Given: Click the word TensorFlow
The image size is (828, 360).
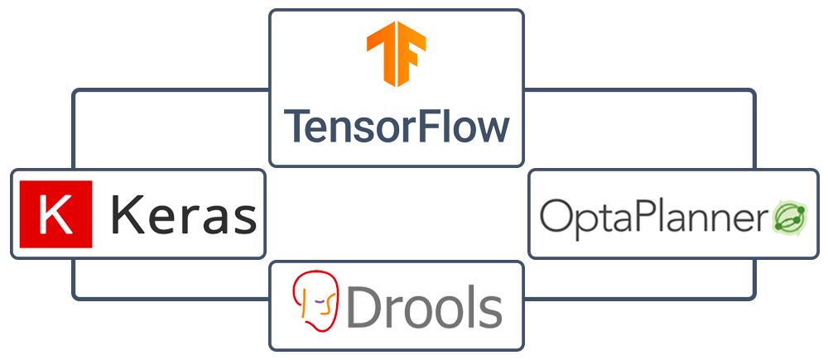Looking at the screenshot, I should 397,127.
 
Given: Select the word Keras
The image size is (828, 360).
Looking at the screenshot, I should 183,214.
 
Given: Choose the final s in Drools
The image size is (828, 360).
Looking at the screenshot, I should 489,311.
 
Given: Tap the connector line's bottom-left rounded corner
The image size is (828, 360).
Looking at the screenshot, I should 76,295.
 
